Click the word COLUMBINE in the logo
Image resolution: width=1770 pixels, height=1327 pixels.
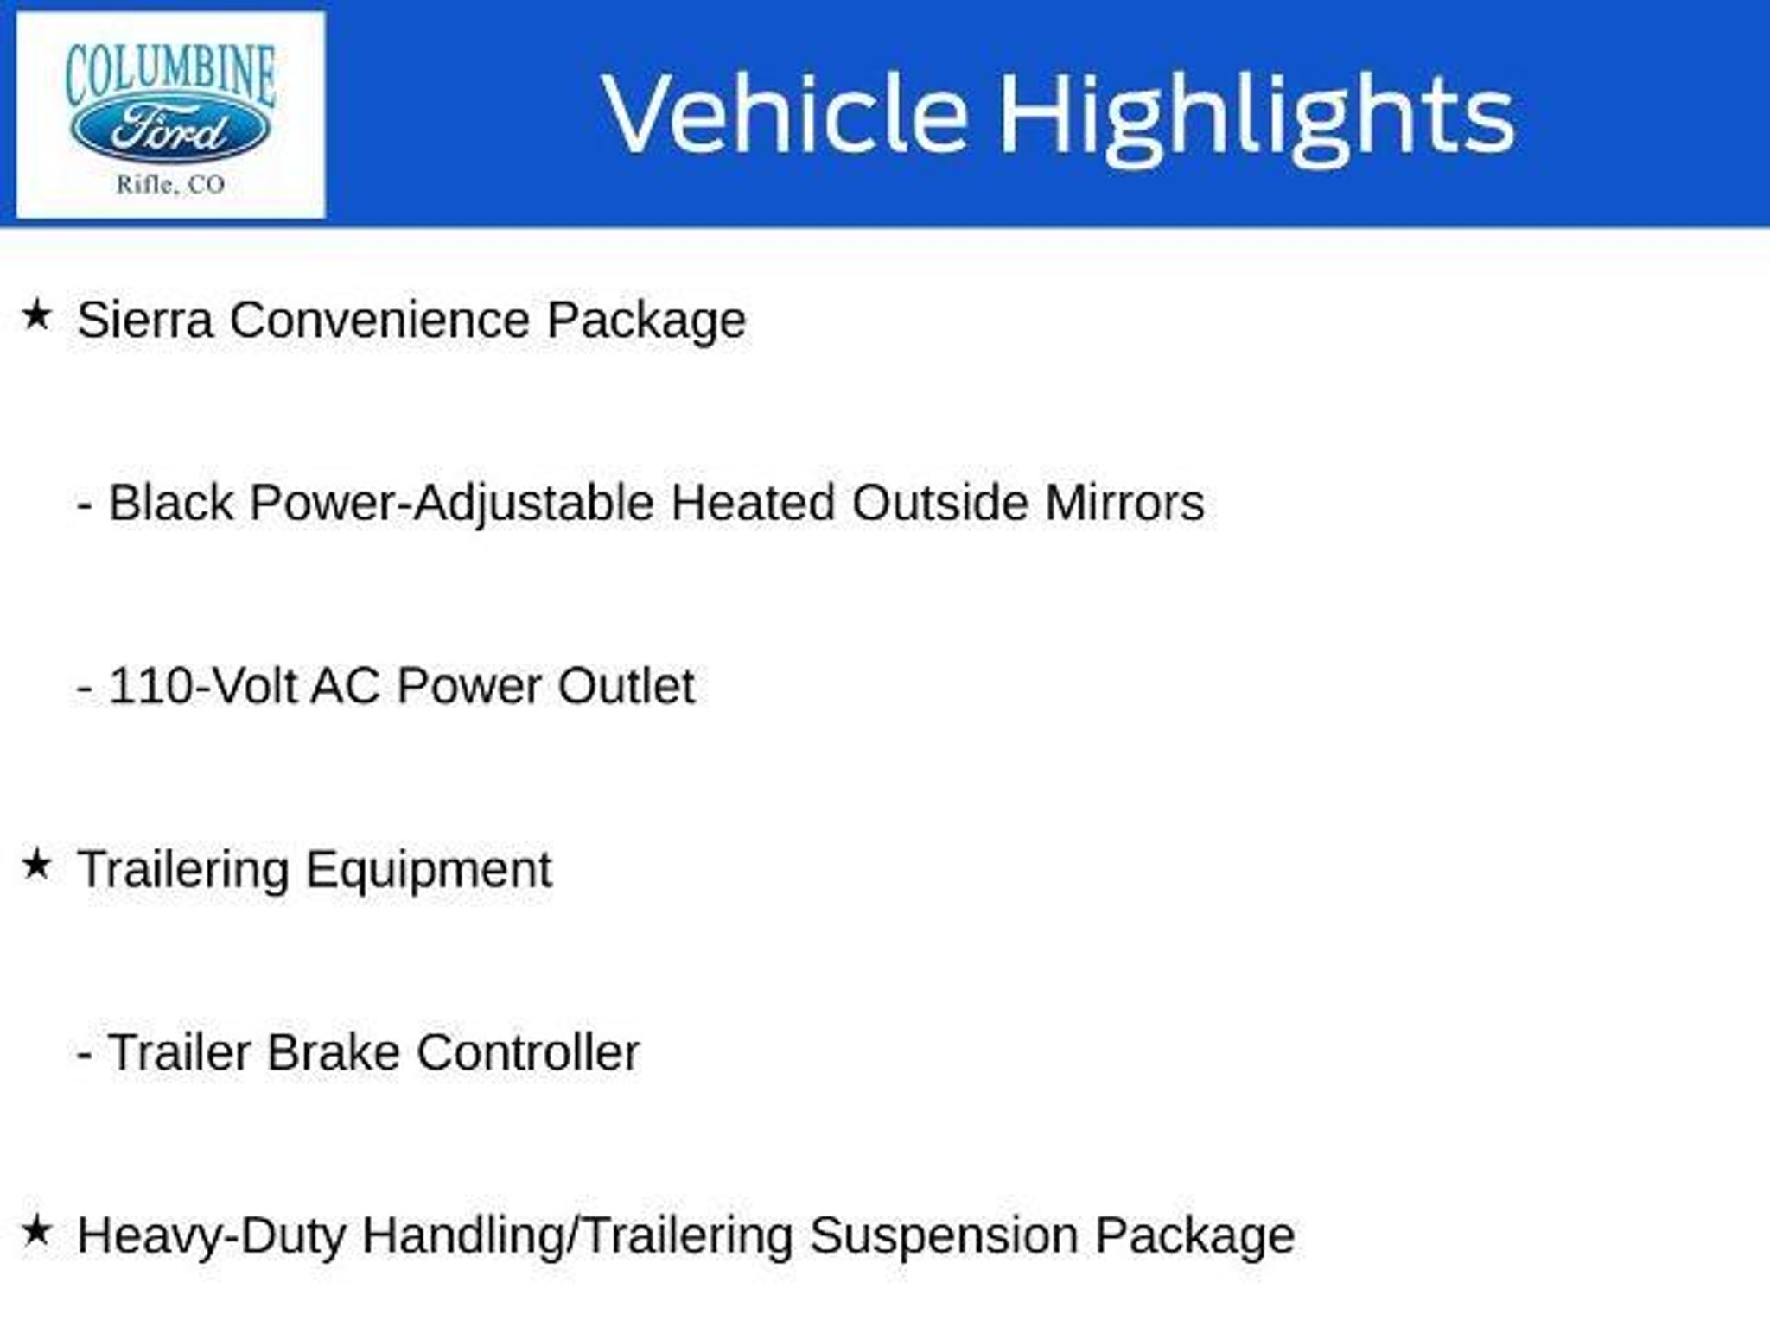pyautogui.click(x=170, y=74)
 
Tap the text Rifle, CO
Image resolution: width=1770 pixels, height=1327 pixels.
pyautogui.click(x=170, y=184)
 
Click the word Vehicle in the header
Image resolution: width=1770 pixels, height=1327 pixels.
pyautogui.click(x=785, y=114)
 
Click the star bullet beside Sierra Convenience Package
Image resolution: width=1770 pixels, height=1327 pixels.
pyautogui.click(x=36, y=315)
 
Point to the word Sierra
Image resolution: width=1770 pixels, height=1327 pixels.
pyautogui.click(x=145, y=321)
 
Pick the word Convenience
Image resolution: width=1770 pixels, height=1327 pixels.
pyautogui.click(x=379, y=321)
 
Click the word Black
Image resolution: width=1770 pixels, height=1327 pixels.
pyautogui.click(x=171, y=503)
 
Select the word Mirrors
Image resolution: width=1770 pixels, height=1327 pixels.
pyautogui.click(x=1124, y=503)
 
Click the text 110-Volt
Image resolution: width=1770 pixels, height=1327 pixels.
pyautogui.click(x=202, y=687)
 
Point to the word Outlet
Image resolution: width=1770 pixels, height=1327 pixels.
pyautogui.click(x=626, y=687)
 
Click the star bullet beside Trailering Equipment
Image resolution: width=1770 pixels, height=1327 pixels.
pyautogui.click(x=36, y=865)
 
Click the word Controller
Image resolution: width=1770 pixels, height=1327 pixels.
pyautogui.click(x=528, y=1053)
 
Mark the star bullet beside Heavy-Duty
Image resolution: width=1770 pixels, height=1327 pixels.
pyautogui.click(x=36, y=1231)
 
